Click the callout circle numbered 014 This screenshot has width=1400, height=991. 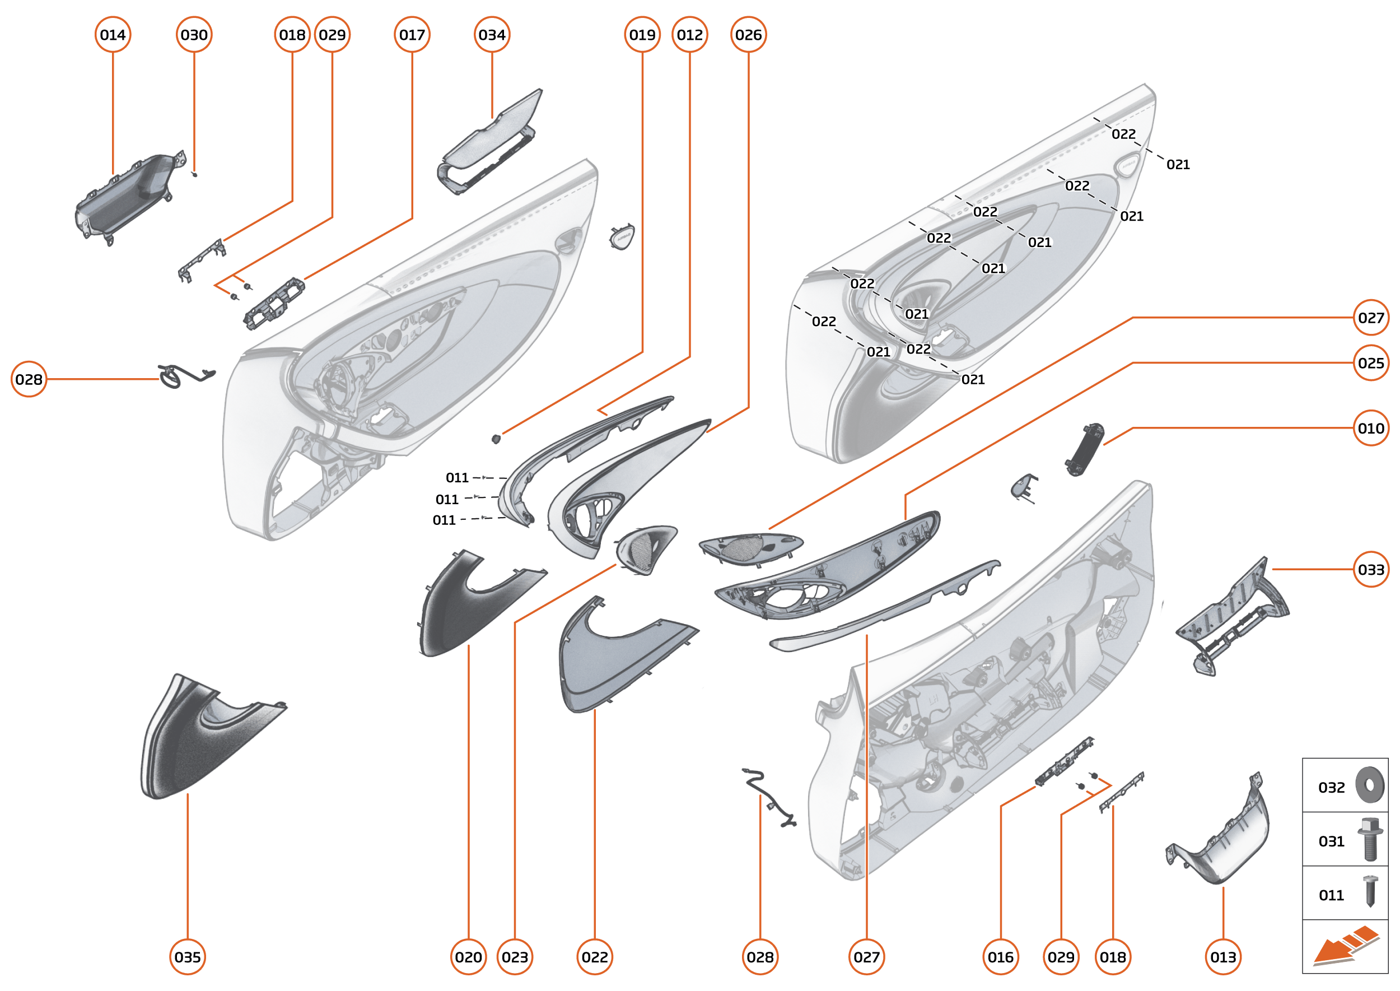(x=113, y=35)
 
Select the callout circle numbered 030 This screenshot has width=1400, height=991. (x=194, y=35)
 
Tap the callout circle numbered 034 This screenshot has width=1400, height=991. (x=492, y=35)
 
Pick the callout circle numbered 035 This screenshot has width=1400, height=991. (x=187, y=957)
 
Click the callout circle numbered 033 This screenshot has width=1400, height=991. (x=1371, y=569)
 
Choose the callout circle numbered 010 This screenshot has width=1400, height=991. (x=1371, y=429)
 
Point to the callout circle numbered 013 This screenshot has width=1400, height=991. (x=1223, y=957)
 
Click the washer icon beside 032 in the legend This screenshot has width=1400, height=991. (x=1370, y=785)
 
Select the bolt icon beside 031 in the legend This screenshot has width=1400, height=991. (x=1370, y=840)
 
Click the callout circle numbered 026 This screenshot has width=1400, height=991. (x=749, y=35)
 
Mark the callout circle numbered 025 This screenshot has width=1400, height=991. (x=1371, y=363)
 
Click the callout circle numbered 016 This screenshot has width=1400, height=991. (x=1000, y=957)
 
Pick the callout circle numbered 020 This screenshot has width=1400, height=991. (x=469, y=957)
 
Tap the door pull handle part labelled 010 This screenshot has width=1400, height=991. (x=1084, y=449)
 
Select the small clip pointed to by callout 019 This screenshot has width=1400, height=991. (x=496, y=439)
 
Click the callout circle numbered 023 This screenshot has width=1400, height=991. (x=515, y=957)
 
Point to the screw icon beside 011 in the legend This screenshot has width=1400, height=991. (x=1370, y=891)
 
